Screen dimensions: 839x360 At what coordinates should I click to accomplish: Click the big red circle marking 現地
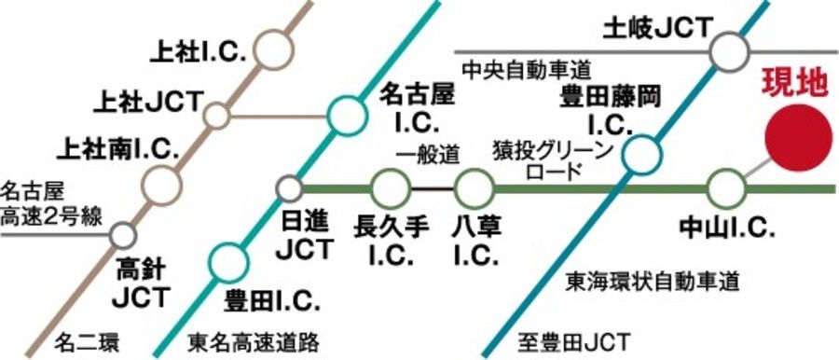[798, 138]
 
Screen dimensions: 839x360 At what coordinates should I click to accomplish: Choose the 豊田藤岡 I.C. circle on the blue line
[640, 157]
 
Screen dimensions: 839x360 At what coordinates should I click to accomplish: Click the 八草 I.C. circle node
[474, 189]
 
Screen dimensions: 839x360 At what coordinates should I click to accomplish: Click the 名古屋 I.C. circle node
[346, 116]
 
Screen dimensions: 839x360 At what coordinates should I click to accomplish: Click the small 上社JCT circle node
[216, 117]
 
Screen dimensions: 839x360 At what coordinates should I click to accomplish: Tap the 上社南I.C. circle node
[162, 184]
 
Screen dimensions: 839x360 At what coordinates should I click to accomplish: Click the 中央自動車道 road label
[528, 68]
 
